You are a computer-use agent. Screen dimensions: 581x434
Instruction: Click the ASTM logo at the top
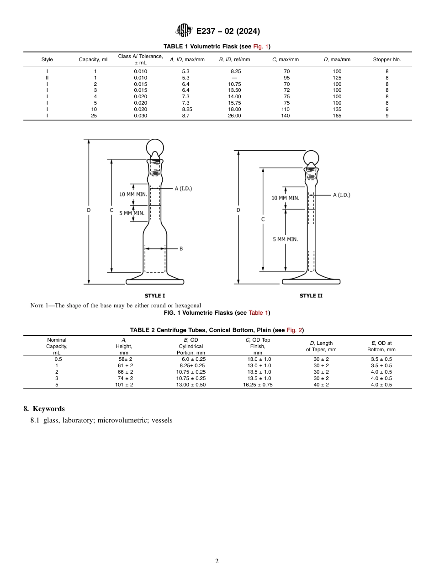(185, 31)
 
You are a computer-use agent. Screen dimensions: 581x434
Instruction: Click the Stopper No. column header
(386, 59)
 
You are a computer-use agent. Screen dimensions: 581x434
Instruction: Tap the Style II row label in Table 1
(47, 78)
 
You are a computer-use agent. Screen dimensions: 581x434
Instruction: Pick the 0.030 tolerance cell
(140, 116)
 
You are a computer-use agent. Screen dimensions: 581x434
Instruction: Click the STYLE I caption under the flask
(155, 296)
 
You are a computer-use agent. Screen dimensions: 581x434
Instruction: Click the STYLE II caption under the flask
(311, 296)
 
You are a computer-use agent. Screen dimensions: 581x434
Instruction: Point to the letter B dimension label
(181, 248)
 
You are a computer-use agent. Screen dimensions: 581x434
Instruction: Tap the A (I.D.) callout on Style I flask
(183, 188)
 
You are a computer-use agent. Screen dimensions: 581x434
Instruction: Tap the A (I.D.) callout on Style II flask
(341, 195)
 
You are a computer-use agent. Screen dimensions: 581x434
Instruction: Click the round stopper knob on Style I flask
(155, 148)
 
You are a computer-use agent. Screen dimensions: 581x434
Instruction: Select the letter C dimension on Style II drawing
(263, 219)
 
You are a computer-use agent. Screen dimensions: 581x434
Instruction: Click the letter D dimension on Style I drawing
(89, 210)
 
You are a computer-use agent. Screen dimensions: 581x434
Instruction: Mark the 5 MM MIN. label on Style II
(285, 239)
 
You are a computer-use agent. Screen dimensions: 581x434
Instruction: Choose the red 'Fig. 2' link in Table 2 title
(294, 330)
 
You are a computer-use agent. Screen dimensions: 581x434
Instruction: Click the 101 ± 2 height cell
(124, 385)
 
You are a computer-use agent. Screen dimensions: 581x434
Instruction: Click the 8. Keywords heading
(44, 409)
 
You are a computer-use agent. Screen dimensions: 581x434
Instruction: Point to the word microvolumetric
(120, 420)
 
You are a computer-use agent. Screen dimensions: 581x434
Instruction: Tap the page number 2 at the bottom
(217, 561)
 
